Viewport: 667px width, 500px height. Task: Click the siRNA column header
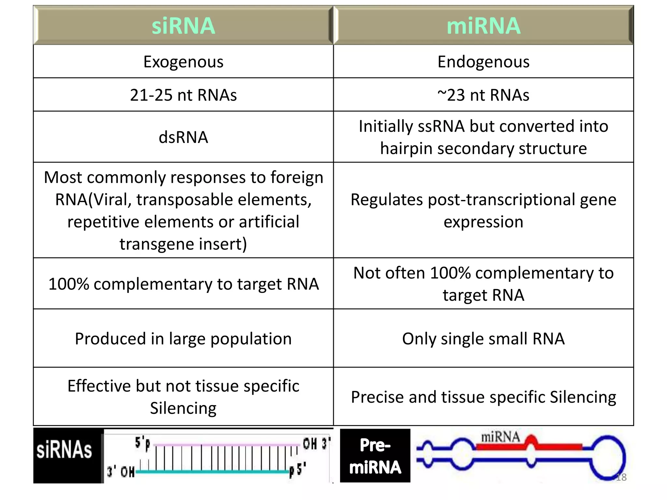(x=183, y=25)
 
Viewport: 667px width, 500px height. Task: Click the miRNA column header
(x=483, y=25)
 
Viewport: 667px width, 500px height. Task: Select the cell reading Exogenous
(x=183, y=62)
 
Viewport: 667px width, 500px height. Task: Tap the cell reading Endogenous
(x=483, y=62)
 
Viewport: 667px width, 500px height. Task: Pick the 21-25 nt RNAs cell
(x=183, y=95)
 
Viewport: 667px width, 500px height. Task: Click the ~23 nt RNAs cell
(x=483, y=95)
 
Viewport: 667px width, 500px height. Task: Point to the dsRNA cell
(x=183, y=137)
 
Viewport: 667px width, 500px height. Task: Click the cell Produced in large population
(x=183, y=339)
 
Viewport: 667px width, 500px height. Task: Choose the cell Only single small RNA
(x=483, y=339)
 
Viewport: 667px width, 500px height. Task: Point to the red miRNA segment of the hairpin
(x=554, y=446)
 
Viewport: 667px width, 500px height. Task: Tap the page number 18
(x=621, y=477)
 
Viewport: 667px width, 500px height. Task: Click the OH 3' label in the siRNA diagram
(x=316, y=444)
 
